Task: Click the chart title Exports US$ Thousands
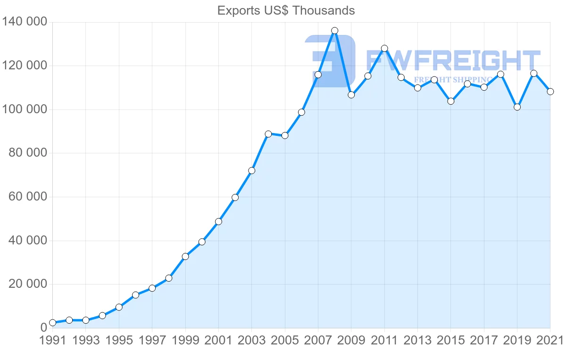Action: pyautogui.click(x=286, y=10)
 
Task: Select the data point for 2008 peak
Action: pyautogui.click(x=334, y=31)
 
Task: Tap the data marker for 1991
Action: pyautogui.click(x=52, y=323)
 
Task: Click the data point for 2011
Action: pyautogui.click(x=384, y=48)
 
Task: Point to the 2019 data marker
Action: pyautogui.click(x=517, y=107)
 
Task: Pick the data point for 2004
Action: pyautogui.click(x=268, y=134)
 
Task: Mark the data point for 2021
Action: pyautogui.click(x=550, y=92)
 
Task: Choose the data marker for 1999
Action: pyautogui.click(x=185, y=256)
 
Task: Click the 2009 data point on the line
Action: pyautogui.click(x=351, y=95)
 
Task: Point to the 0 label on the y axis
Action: pyautogui.click(x=44, y=327)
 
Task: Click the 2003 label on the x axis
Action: pyautogui.click(x=251, y=340)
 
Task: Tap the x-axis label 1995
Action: pyautogui.click(x=119, y=340)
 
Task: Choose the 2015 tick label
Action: pyautogui.click(x=450, y=340)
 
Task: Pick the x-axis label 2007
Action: pyautogui.click(x=318, y=340)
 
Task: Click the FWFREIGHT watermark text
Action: pyautogui.click(x=453, y=60)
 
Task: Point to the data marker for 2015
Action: pyautogui.click(x=450, y=101)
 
